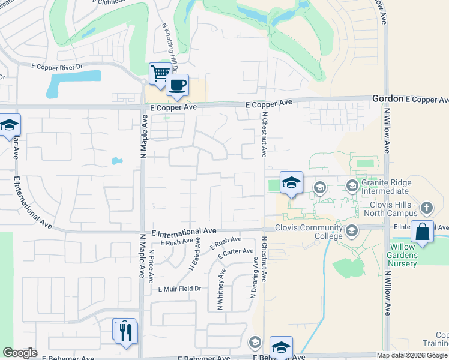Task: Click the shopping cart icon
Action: point(160,74)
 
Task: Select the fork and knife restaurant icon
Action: point(125,332)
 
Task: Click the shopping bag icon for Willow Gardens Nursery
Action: point(423,232)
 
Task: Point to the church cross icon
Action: point(427,208)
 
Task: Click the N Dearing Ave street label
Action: point(253,280)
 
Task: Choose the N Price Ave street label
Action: point(152,266)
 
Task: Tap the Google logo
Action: point(20,353)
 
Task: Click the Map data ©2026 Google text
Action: point(412,355)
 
